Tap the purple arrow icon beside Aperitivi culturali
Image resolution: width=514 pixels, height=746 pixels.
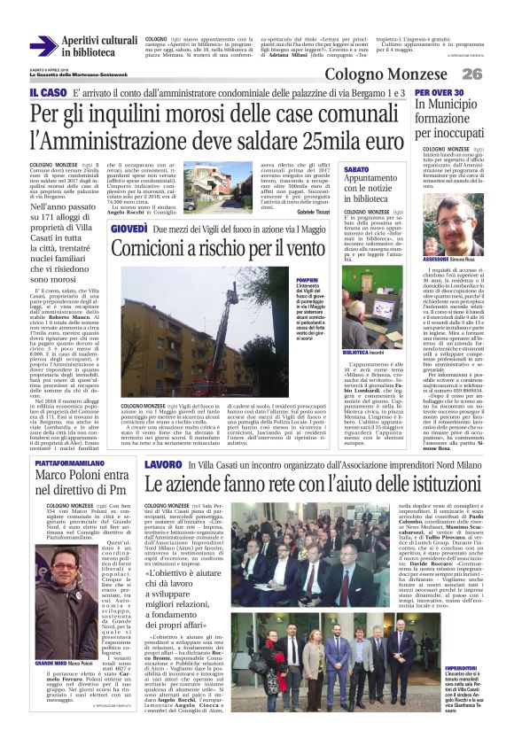coord(43,47)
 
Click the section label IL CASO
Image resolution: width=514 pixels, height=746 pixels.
coord(47,93)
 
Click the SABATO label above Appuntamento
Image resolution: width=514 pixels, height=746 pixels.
coord(356,168)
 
